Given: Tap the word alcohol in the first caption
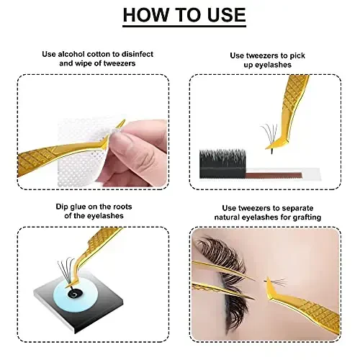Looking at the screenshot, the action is (71, 54).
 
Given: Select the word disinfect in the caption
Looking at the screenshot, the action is (137, 54).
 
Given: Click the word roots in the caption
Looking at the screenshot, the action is (122, 207).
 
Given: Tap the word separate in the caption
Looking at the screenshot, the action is (297, 209).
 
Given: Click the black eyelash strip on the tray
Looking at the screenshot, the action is (222, 163).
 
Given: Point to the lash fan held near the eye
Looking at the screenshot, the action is (276, 282).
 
